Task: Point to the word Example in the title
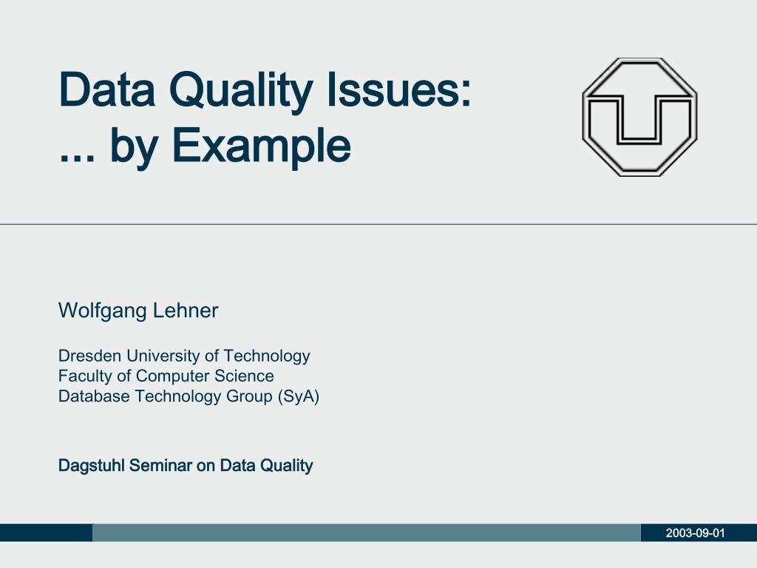click(x=261, y=147)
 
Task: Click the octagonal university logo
click(x=639, y=117)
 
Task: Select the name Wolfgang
click(x=103, y=311)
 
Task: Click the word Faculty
click(x=84, y=376)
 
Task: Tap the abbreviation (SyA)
click(x=299, y=396)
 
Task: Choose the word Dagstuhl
click(x=92, y=466)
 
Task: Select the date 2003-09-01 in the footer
click(x=695, y=533)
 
